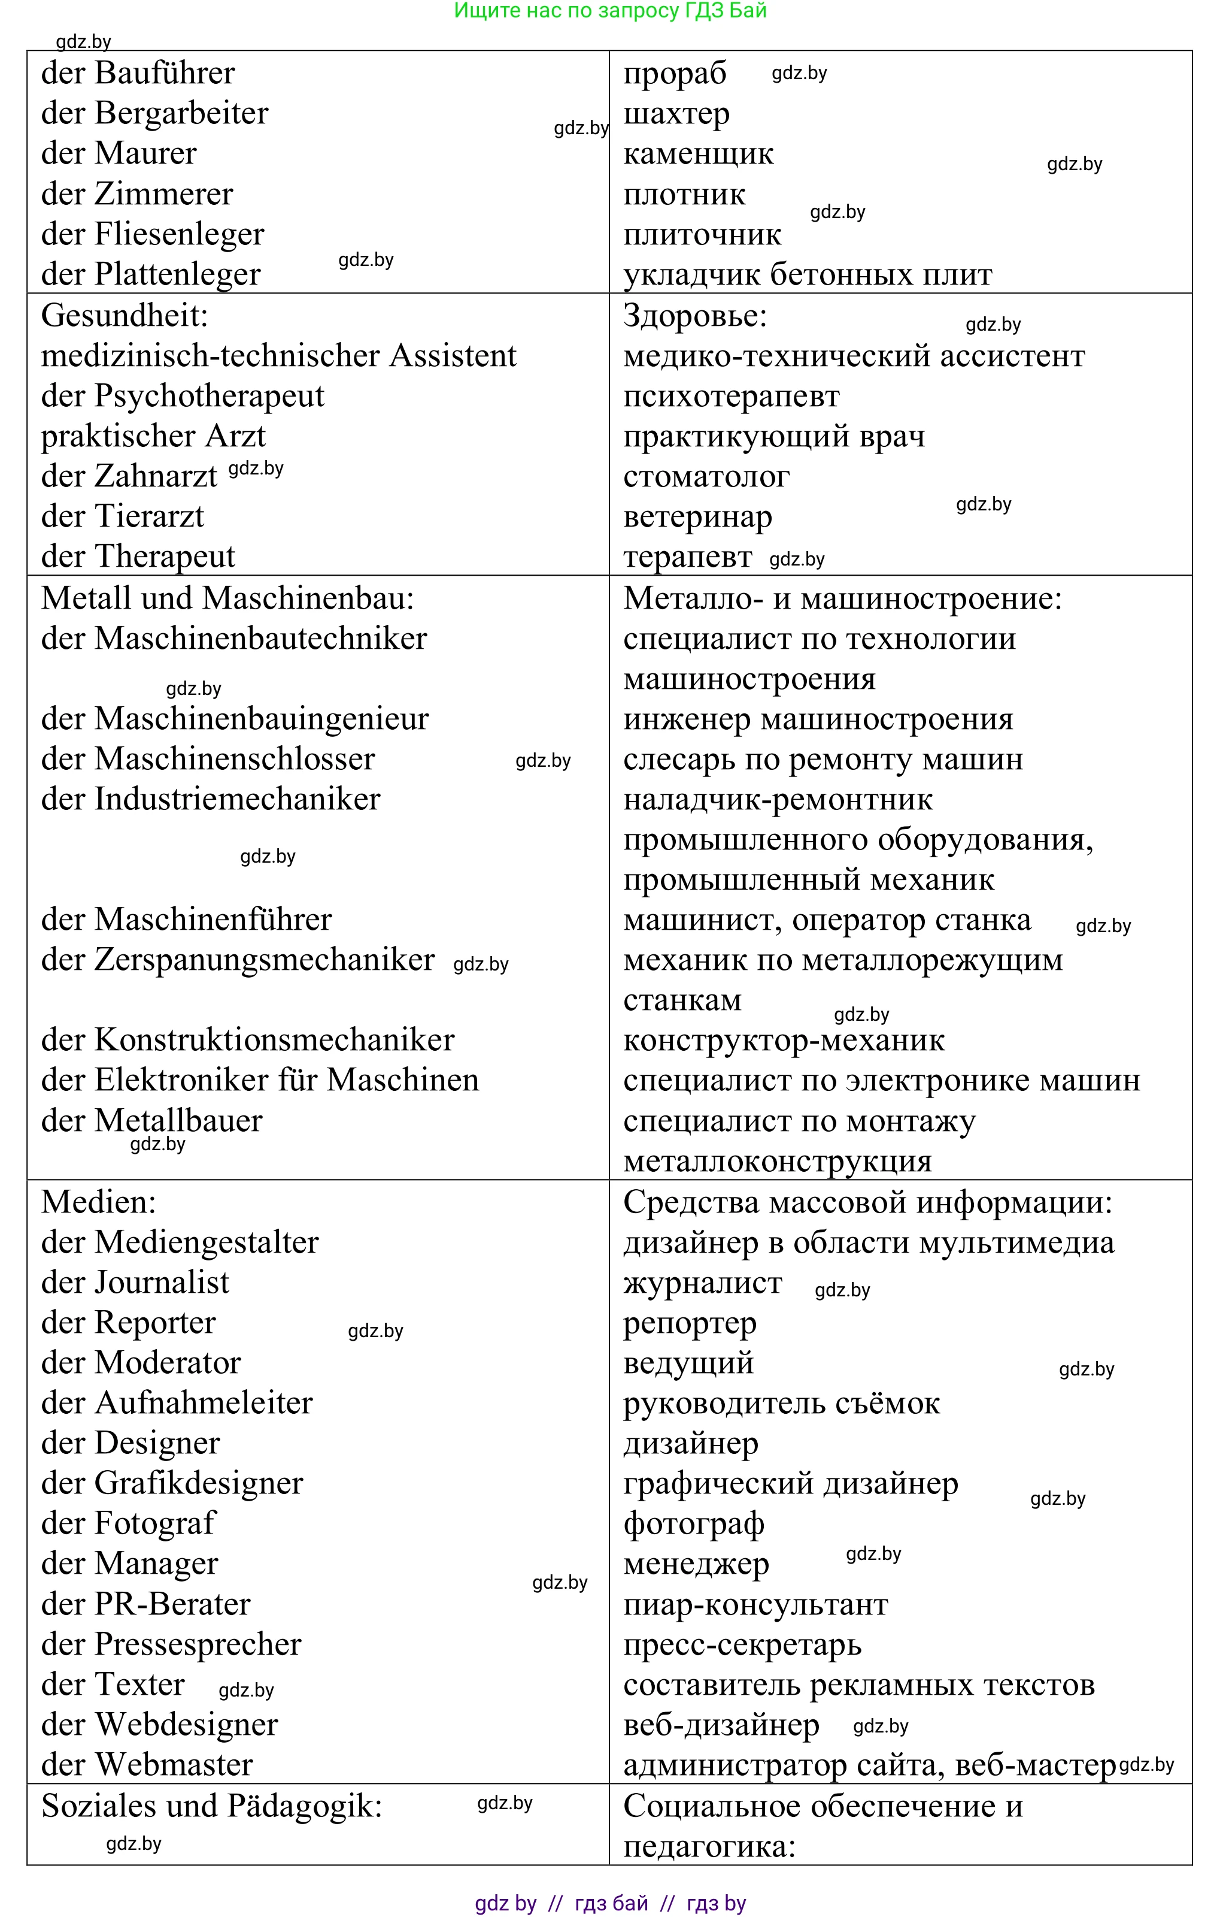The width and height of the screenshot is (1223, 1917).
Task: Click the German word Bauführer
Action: click(x=165, y=73)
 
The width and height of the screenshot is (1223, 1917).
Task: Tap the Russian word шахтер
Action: click(x=676, y=114)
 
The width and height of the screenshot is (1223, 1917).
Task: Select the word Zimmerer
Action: click(x=164, y=194)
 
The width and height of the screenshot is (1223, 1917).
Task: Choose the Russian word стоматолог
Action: click(x=706, y=477)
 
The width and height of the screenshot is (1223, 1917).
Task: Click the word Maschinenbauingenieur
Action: click(x=262, y=719)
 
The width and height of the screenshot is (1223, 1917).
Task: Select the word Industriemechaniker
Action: click(x=237, y=799)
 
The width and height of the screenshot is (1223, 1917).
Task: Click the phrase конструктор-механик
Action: click(x=784, y=1041)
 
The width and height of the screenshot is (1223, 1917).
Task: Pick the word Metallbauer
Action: click(x=178, y=1121)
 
